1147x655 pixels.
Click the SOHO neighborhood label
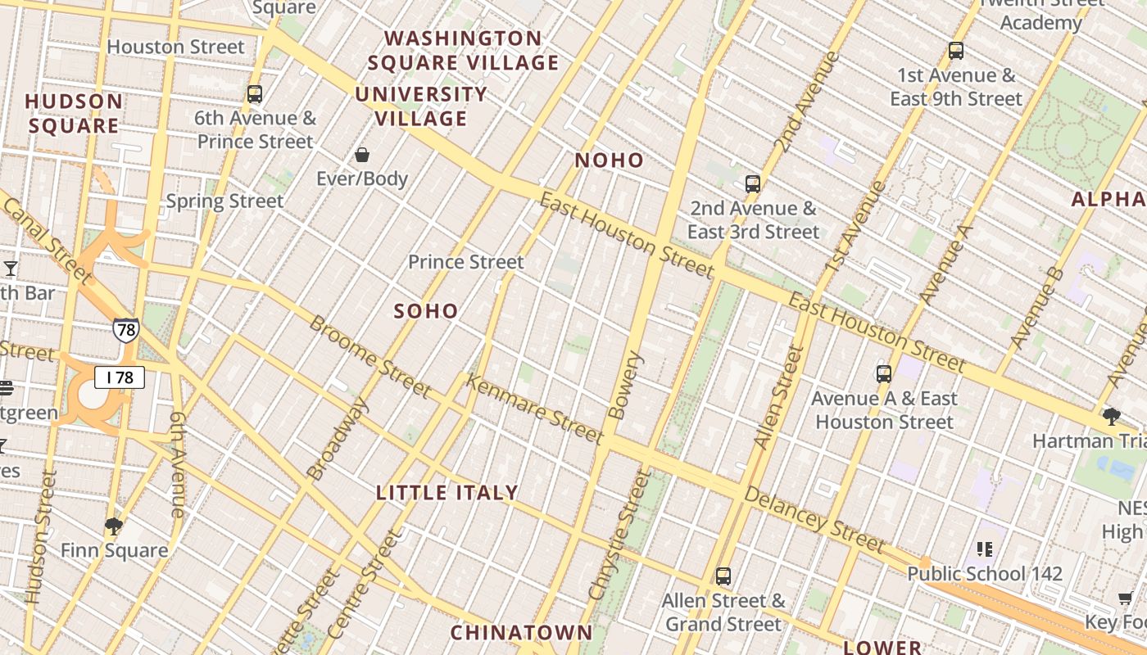click(x=426, y=311)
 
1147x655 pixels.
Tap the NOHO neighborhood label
click(x=609, y=160)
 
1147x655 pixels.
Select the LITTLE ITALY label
click(x=447, y=493)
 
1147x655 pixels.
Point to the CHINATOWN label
click(x=521, y=632)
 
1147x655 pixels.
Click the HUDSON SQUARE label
click(x=74, y=113)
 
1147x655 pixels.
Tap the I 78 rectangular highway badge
click(x=120, y=377)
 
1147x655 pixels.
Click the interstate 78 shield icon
click(x=125, y=329)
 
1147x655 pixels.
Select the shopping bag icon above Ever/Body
click(x=362, y=154)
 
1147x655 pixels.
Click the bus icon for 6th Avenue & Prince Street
click(x=255, y=93)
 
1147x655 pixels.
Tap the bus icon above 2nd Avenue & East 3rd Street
click(x=753, y=183)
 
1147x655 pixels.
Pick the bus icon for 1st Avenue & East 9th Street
click(x=956, y=50)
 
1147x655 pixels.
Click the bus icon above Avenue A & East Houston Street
click(x=884, y=374)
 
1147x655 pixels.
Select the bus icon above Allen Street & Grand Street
click(x=723, y=576)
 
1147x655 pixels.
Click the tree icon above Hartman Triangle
click(x=1112, y=417)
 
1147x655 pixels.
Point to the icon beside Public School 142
click(x=985, y=549)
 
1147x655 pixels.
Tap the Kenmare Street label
click(x=534, y=409)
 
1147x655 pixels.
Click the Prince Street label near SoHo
click(x=465, y=262)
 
